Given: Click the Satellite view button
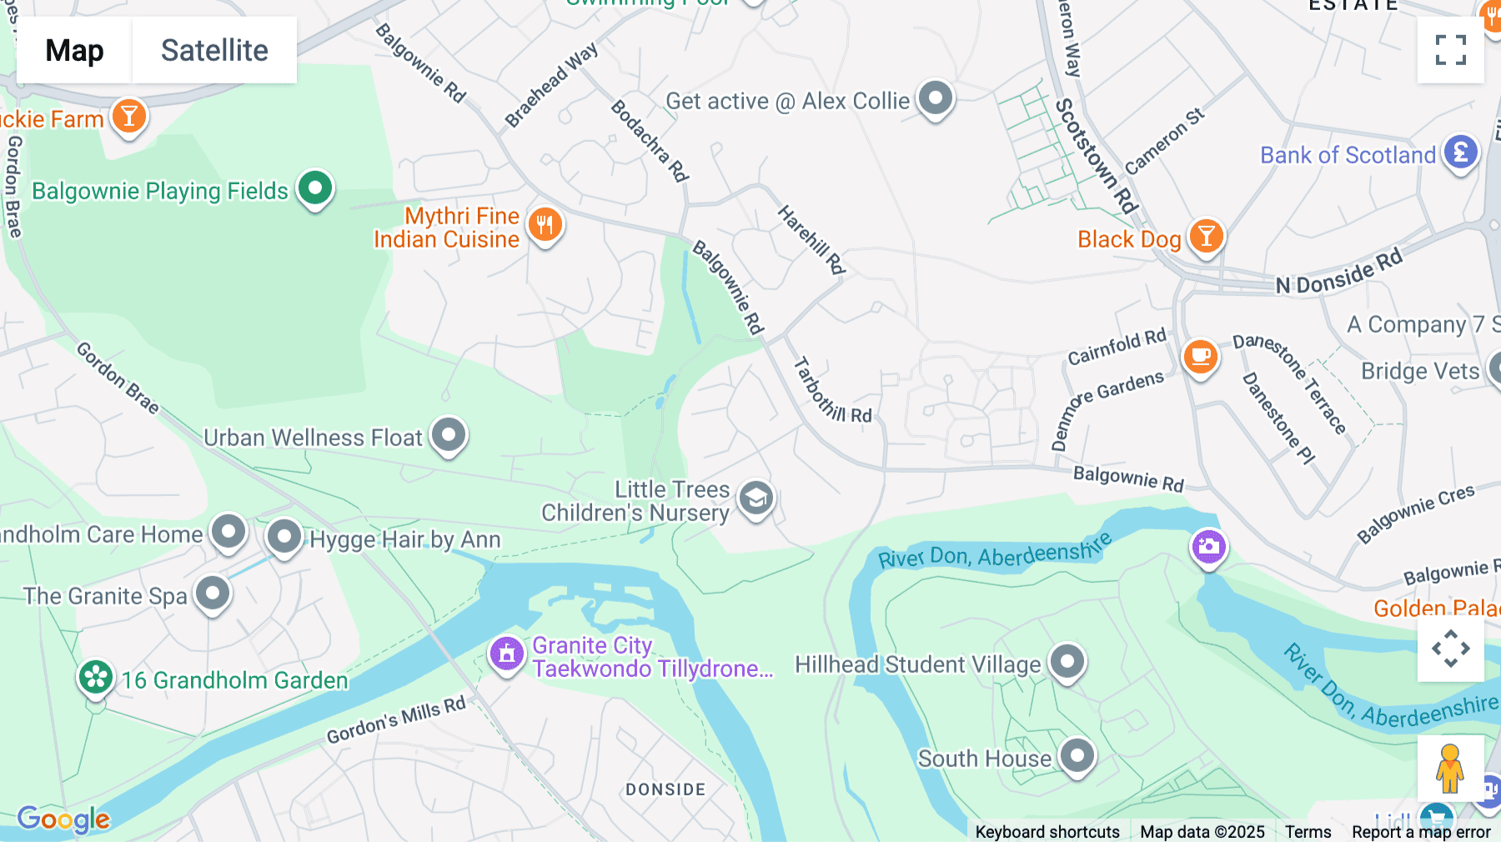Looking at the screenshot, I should (x=214, y=50).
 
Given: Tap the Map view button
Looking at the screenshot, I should (x=74, y=50).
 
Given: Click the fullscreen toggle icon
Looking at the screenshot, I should (x=1450, y=50).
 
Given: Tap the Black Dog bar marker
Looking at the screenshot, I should (x=1206, y=237).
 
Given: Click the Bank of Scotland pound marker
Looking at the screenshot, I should (x=1460, y=153).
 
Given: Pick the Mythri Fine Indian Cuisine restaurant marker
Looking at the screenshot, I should (x=545, y=225).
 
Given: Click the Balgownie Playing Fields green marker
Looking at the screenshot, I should (x=315, y=188).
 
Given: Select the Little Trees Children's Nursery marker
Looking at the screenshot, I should (x=756, y=499).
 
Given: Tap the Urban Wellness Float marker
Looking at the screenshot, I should (x=449, y=434).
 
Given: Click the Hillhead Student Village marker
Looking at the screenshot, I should (x=1067, y=662).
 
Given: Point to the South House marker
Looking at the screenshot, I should (x=1077, y=756).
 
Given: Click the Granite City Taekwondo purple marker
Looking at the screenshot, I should (x=506, y=654).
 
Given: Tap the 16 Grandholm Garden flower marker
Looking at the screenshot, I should (x=96, y=677).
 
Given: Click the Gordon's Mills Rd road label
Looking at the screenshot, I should (x=396, y=719).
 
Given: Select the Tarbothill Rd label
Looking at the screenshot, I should (x=831, y=390).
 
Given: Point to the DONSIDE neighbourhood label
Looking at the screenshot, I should (x=665, y=789).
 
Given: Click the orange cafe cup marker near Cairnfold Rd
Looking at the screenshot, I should (x=1200, y=358).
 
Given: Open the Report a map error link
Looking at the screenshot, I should (x=1421, y=832).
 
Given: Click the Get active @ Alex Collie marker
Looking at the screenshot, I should (x=935, y=99).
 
